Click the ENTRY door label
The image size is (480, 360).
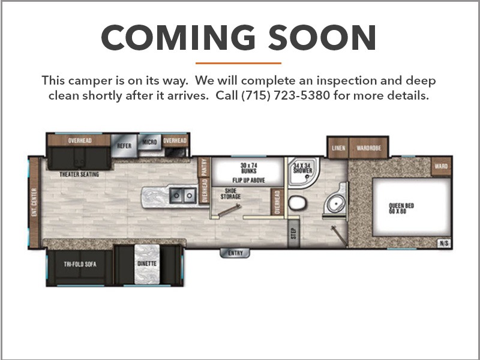point(235,253)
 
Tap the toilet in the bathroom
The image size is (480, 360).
point(298,203)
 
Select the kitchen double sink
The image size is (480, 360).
point(183,195)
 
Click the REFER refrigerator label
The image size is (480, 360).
point(124,146)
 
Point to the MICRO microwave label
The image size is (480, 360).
point(149,142)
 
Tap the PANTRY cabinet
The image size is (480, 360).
point(204,167)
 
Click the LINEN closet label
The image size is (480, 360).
point(338,148)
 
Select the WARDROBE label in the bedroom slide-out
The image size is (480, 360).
point(369,148)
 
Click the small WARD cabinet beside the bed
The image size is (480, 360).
point(441,166)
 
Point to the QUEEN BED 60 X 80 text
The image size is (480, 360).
point(401,208)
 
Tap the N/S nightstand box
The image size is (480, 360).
point(444,244)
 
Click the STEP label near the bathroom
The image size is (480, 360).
point(294,233)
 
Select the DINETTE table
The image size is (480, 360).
point(147,264)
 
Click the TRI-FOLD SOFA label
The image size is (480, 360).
point(80,264)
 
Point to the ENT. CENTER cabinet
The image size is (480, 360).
point(34,202)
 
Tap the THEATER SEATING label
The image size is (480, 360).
point(79,174)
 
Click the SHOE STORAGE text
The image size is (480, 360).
point(230,194)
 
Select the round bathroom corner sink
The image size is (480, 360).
point(335,203)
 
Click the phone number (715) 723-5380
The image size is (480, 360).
point(286,95)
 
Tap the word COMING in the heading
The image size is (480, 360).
point(178,37)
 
